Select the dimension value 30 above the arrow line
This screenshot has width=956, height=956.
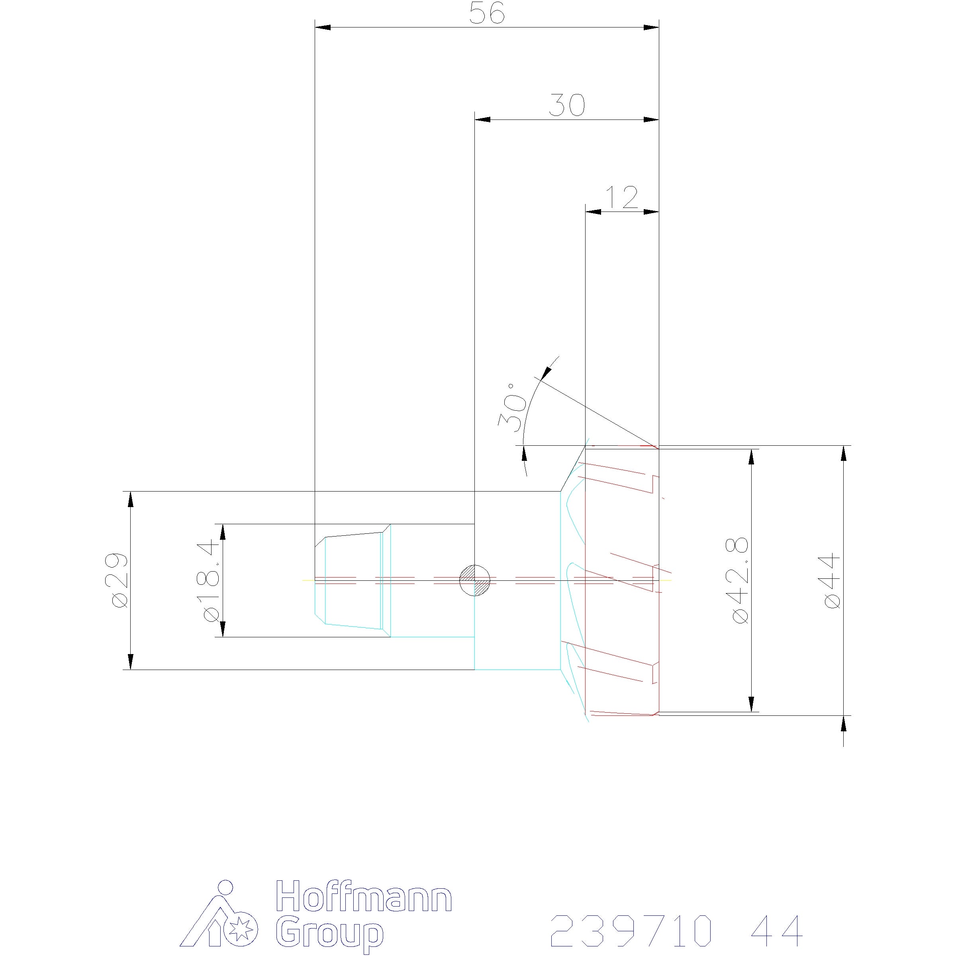(567, 106)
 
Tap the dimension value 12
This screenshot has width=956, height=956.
(622, 198)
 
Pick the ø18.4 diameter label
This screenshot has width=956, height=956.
(208, 580)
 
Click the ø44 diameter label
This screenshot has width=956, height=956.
(832, 580)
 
